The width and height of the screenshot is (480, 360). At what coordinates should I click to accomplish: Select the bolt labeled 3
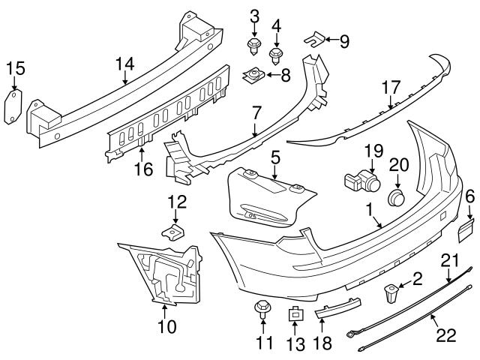pos(253,47)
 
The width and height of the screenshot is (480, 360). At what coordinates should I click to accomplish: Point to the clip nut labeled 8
pos(253,74)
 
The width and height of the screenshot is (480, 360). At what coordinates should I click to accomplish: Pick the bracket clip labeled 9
pos(316,37)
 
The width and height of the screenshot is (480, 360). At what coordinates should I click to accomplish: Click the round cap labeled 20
pos(397,198)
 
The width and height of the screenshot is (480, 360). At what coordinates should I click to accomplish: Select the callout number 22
pos(446,335)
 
